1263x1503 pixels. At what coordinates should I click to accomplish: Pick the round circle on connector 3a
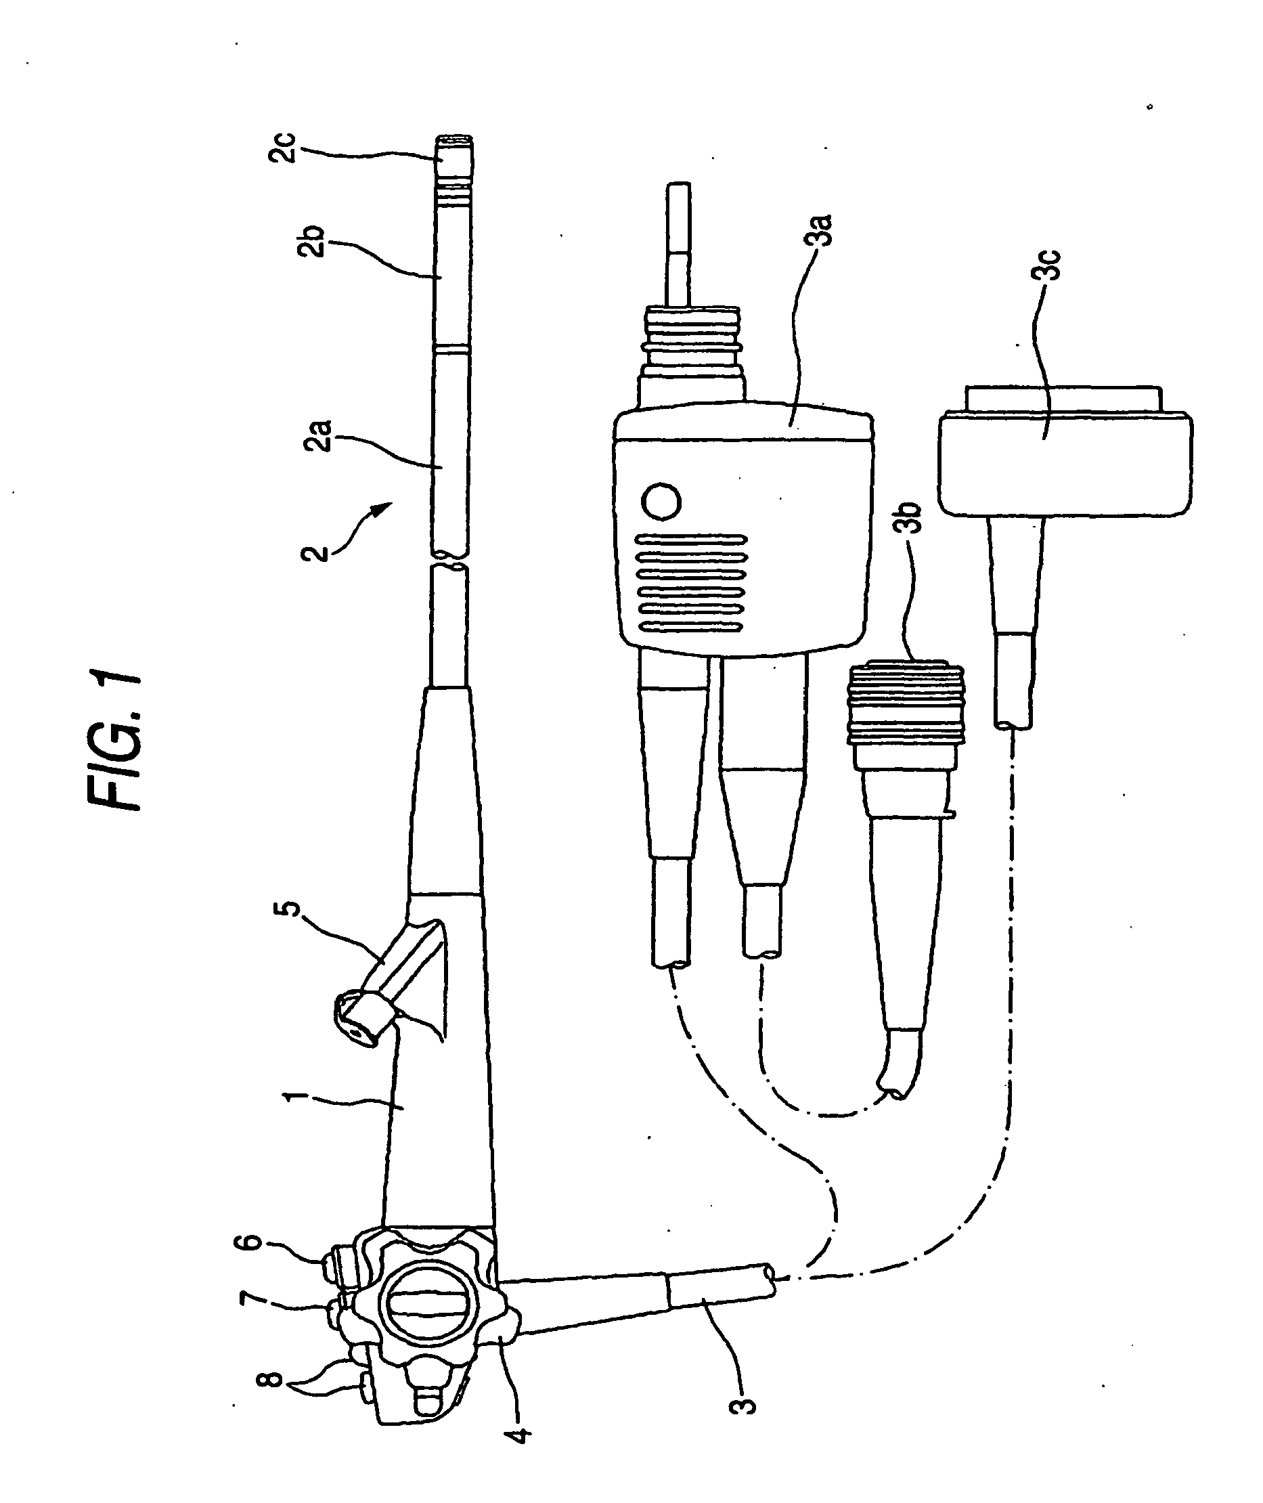661,502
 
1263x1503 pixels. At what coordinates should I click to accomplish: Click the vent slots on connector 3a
692,583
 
